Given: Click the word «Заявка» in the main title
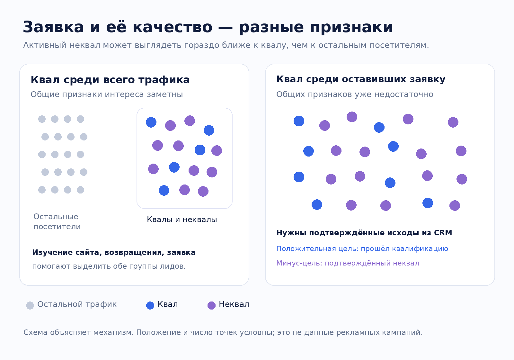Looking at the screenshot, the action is pyautogui.click(x=53, y=27).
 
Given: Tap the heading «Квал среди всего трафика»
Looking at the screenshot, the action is pyautogui.click(x=110, y=80).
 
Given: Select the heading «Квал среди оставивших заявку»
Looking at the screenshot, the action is pyautogui.click(x=361, y=79).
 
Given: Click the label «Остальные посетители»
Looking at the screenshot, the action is pyautogui.click(x=57, y=221).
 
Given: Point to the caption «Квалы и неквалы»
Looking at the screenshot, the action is pyautogui.click(x=182, y=220).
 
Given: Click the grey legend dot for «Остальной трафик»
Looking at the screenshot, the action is pyautogui.click(x=30, y=305).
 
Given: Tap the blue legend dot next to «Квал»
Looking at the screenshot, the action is pyautogui.click(x=150, y=305).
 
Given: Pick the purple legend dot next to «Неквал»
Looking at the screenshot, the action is pyautogui.click(x=211, y=305).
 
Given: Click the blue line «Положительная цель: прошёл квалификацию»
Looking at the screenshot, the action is pyautogui.click(x=362, y=249).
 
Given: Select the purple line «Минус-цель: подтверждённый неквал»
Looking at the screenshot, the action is pyautogui.click(x=348, y=263).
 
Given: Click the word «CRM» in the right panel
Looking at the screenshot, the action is pyautogui.click(x=443, y=233).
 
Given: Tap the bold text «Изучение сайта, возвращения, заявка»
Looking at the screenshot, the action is pyautogui.click(x=114, y=252).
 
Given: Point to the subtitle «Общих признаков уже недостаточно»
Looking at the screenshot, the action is pyautogui.click(x=355, y=94).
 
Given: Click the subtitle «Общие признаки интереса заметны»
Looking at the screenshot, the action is pyautogui.click(x=107, y=94).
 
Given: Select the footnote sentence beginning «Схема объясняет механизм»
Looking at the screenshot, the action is pyautogui.click(x=223, y=332).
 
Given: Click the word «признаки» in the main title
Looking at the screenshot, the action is pyautogui.click(x=351, y=27).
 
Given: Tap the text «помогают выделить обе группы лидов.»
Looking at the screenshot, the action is pyautogui.click(x=109, y=266).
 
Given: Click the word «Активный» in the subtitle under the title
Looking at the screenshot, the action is pyautogui.click(x=45, y=45).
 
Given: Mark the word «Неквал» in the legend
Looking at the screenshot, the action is pyautogui.click(x=234, y=304).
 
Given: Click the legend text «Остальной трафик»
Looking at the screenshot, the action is pyautogui.click(x=77, y=304).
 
